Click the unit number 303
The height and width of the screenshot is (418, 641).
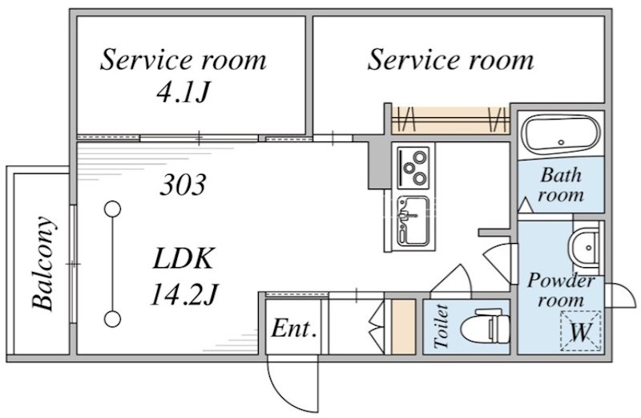(183, 185)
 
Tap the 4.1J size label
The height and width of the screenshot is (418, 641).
(183, 92)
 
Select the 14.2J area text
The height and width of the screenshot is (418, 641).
(183, 294)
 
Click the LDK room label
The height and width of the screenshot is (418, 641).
(183, 258)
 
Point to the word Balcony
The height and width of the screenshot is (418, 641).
(43, 263)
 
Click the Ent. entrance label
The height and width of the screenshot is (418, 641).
(294, 328)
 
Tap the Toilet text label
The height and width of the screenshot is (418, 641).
(441, 327)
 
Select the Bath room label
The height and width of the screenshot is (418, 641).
(560, 185)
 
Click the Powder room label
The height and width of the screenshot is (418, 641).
(560, 290)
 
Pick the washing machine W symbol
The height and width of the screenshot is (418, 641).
(580, 331)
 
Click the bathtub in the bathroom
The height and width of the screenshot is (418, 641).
(562, 134)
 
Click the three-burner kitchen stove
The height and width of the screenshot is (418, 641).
(413, 167)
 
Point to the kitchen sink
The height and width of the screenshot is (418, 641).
(413, 221)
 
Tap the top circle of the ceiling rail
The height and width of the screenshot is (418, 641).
(112, 209)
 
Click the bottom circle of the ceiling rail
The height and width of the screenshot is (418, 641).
(112, 319)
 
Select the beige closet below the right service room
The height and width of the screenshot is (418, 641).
(450, 120)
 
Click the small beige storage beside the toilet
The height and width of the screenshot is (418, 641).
(404, 327)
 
